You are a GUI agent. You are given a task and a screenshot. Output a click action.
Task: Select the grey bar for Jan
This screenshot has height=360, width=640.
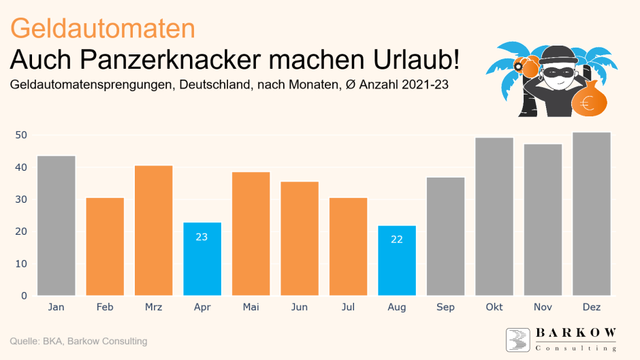[x=57, y=226]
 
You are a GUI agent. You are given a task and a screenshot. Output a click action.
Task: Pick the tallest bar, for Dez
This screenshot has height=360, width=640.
[x=592, y=214]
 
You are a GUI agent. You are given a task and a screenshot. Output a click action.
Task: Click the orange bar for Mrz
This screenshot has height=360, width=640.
[x=154, y=231]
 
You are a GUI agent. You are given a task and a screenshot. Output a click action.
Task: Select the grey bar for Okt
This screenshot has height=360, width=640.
[x=494, y=217]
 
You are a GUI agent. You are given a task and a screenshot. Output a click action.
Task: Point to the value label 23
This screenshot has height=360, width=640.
[x=202, y=238]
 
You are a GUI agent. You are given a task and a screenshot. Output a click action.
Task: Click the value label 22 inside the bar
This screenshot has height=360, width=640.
[x=397, y=240]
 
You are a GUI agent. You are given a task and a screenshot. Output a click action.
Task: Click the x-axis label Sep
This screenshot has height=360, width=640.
[x=445, y=308]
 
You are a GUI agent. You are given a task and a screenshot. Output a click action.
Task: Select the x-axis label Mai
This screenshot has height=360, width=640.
[x=251, y=308]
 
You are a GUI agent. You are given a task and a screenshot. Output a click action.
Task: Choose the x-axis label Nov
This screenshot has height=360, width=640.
[x=543, y=308]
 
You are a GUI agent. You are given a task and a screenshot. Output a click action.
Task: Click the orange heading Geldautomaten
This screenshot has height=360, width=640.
[x=103, y=29]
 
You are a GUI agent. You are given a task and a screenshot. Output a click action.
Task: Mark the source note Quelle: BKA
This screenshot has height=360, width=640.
[x=48, y=341]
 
